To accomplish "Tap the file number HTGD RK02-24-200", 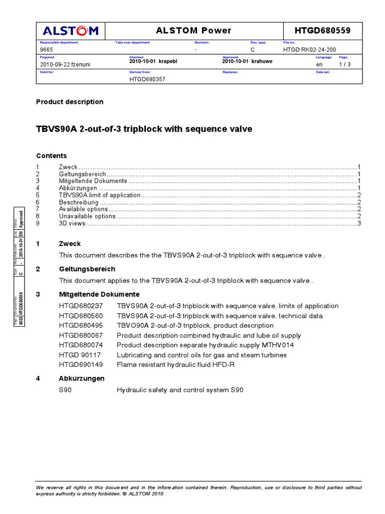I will [310, 50].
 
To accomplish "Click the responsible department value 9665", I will [46, 50].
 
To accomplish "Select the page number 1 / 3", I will [345, 64].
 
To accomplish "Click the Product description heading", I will [70, 102].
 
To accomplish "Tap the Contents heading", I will [51, 156].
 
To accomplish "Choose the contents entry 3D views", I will [72, 223].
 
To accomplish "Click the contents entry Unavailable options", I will [87, 216].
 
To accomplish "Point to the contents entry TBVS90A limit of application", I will [100, 195].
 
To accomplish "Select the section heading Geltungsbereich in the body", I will [87, 269].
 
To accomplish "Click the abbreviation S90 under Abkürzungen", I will [66, 390].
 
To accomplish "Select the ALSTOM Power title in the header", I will [194, 31].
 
